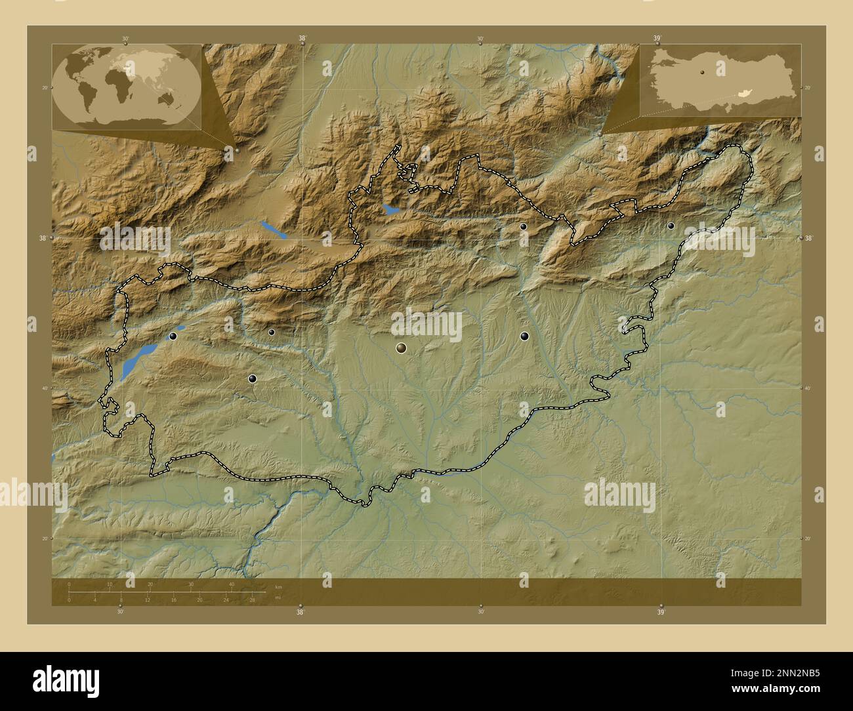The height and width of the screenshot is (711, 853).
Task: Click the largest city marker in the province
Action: click(x=401, y=348)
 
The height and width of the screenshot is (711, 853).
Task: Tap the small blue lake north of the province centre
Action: click(x=390, y=211)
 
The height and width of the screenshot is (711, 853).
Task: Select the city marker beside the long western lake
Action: click(x=173, y=336)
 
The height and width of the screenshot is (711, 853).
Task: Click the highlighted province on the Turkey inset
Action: click(x=743, y=94)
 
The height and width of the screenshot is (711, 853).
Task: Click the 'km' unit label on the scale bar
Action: click(x=279, y=586)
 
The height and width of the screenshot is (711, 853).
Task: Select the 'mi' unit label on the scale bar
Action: click(x=278, y=598)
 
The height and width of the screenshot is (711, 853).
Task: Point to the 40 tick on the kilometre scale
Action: click(x=231, y=584)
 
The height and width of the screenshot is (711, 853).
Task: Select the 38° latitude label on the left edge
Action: click(x=42, y=238)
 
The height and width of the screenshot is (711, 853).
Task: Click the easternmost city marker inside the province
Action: click(x=671, y=225)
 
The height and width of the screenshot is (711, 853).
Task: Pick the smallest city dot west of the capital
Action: click(x=271, y=332)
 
